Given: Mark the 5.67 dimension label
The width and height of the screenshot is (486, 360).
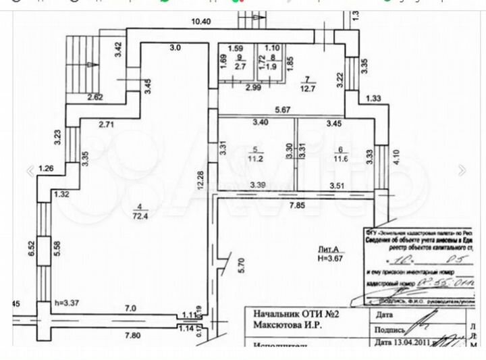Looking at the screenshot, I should (x=283, y=109).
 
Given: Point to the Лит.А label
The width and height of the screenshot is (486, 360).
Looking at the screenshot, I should (x=329, y=249).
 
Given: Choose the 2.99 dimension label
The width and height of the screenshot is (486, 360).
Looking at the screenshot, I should (x=253, y=88).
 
